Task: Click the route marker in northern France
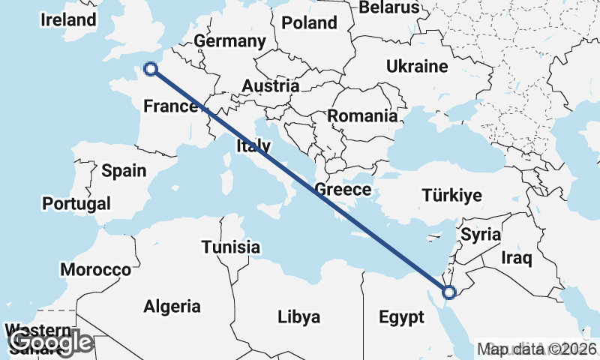151,69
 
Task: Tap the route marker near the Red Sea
448,292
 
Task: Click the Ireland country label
69,19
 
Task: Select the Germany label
229,40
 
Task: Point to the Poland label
310,22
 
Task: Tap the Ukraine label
417,67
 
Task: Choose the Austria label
270,86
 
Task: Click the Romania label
362,116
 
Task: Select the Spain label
124,171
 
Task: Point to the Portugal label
76,203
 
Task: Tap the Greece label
343,189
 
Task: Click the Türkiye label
451,196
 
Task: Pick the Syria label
481,234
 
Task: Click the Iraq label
517,259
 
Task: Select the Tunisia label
231,247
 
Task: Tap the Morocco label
96,269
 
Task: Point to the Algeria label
172,306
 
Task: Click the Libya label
299,316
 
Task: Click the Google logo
50,343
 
